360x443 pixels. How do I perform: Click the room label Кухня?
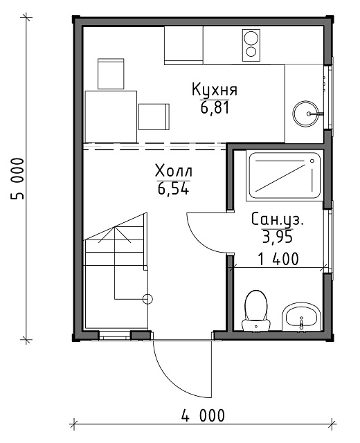(215, 89)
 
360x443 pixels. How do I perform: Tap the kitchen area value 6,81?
(215, 108)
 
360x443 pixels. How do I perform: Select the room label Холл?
(174, 171)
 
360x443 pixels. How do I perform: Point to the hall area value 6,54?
(173, 189)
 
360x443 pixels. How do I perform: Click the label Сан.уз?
(278, 220)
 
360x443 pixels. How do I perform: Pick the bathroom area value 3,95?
(277, 237)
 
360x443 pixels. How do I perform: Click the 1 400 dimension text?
(278, 259)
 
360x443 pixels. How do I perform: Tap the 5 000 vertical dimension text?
(17, 179)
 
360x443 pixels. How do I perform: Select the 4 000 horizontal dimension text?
(203, 415)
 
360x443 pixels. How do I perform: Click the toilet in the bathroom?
(256, 310)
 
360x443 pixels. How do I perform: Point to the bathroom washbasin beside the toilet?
(302, 317)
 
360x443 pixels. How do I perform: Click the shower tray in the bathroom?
(285, 176)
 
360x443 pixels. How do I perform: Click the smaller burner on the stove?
(251, 52)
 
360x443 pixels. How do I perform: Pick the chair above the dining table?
(111, 74)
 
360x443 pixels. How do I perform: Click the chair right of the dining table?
(154, 117)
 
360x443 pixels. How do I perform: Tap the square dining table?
(111, 116)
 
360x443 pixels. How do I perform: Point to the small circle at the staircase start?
(147, 298)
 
